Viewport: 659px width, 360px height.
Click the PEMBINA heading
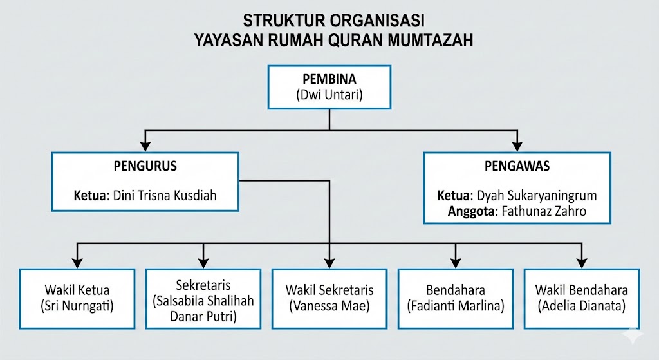click(329, 79)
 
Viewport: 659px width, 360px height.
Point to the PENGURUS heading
click(145, 166)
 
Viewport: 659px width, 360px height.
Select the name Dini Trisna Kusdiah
click(165, 196)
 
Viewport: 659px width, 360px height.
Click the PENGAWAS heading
click(516, 166)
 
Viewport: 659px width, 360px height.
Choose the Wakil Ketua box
click(77, 298)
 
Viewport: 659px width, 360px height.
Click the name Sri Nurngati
click(77, 306)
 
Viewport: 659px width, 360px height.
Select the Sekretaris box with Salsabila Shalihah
click(203, 299)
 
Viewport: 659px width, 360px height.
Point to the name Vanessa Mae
click(329, 306)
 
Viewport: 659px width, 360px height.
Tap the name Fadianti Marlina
click(456, 306)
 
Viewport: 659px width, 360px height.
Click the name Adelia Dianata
click(582, 306)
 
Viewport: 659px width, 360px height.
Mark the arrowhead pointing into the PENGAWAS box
click(517, 145)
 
